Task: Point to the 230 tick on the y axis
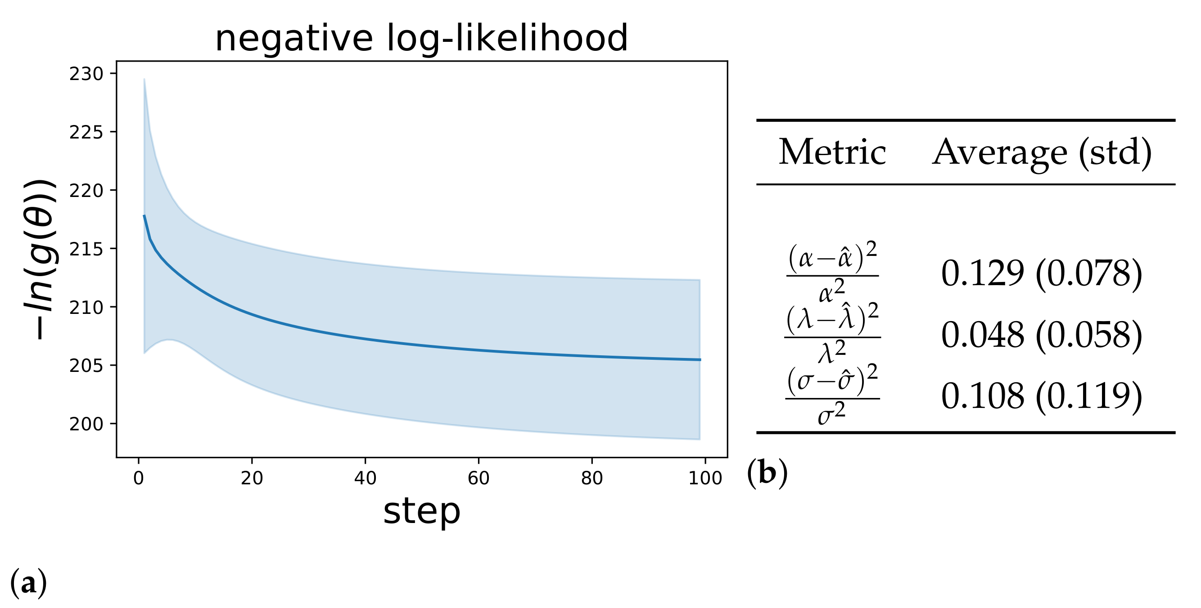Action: pyautogui.click(x=86, y=74)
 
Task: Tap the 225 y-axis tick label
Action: pyautogui.click(x=86, y=132)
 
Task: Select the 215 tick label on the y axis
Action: pyautogui.click(x=86, y=249)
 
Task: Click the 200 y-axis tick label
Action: pyautogui.click(x=86, y=424)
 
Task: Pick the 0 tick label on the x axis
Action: pyautogui.click(x=139, y=478)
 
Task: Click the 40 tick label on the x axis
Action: pyautogui.click(x=365, y=478)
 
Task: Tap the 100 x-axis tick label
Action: pyautogui.click(x=705, y=478)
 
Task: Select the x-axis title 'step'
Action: pyautogui.click(x=421, y=512)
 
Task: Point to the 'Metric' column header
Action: pyautogui.click(x=832, y=152)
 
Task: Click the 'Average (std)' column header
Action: pyautogui.click(x=1042, y=152)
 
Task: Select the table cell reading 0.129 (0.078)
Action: pyautogui.click(x=1042, y=273)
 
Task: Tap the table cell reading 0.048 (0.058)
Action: pyautogui.click(x=1042, y=335)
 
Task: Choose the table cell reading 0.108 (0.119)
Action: pyautogui.click(x=1042, y=397)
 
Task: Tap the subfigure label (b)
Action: pyautogui.click(x=768, y=474)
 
